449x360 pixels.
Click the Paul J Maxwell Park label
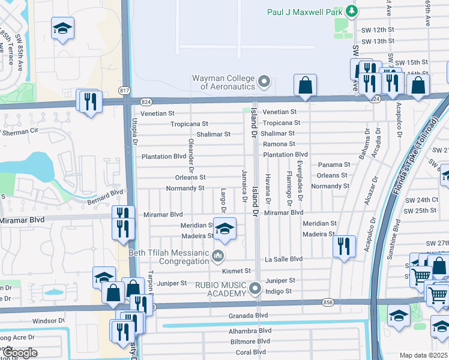[306, 12]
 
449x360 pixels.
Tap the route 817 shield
[125, 90]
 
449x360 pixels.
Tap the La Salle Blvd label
[283, 259]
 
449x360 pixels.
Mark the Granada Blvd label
[248, 315]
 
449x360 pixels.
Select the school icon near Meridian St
[224, 229]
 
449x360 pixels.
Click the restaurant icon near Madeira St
[344, 247]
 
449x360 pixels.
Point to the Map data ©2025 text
[423, 355]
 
